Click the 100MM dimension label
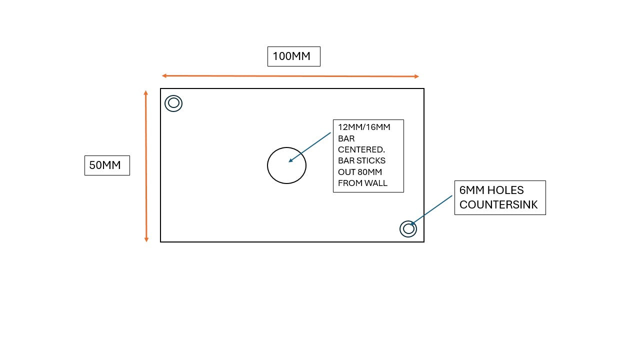click(x=291, y=56)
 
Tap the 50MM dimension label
click(x=105, y=165)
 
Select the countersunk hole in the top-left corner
click(x=173, y=103)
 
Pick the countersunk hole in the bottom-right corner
click(x=408, y=228)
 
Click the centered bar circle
click(x=286, y=165)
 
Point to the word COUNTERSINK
click(x=498, y=204)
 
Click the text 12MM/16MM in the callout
click(x=364, y=127)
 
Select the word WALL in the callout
click(x=375, y=183)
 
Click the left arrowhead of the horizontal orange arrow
click(x=163, y=76)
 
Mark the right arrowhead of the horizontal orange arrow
click(x=416, y=76)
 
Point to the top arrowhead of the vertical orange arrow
click(x=145, y=92)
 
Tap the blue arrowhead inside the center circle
click(x=290, y=160)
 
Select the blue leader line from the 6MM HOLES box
click(x=432, y=209)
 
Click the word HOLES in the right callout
click(x=505, y=190)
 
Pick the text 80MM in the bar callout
click(x=371, y=172)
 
